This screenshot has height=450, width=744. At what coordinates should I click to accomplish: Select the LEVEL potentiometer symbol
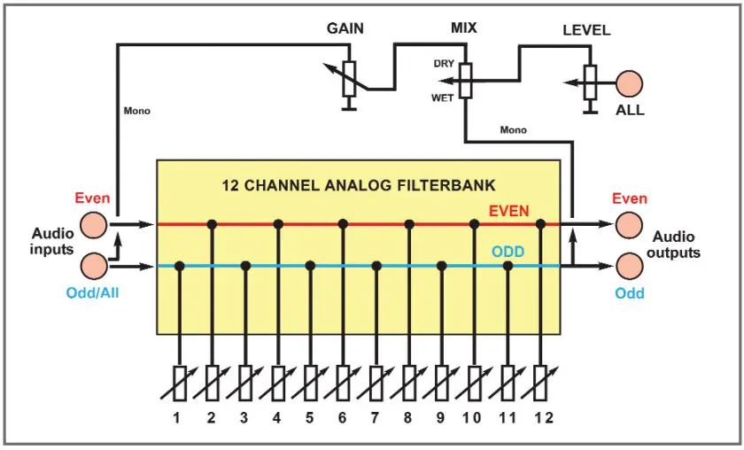point(590,84)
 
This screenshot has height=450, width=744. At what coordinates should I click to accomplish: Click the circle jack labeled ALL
point(630,84)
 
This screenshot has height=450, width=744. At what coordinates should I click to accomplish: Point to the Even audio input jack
point(93,225)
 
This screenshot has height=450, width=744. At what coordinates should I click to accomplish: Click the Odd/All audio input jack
point(93,266)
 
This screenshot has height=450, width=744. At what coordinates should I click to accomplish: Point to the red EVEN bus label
point(509,211)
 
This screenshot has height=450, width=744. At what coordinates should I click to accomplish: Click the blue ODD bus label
point(508,252)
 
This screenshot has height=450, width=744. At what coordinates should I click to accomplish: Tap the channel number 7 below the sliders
point(376,417)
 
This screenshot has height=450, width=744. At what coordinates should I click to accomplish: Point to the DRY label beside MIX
point(444,64)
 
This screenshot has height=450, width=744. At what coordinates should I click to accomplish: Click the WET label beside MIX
point(442,97)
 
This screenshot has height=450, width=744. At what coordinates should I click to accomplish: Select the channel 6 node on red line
point(343,225)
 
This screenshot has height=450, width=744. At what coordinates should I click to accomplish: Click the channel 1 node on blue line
point(180,266)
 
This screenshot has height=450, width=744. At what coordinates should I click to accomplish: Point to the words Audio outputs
point(677,244)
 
